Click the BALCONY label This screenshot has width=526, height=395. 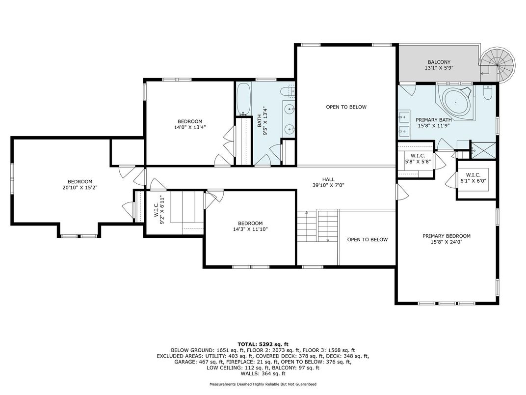click(439, 62)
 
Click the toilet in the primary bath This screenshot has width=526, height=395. click(487, 92)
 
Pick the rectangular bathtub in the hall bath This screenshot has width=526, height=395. click(243, 99)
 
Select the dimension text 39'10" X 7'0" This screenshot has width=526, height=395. click(328, 185)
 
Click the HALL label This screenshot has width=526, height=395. click(328, 179)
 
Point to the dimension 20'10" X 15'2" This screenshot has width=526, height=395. click(80, 188)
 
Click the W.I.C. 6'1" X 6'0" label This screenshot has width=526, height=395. click(473, 178)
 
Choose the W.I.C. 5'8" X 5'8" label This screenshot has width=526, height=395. click(418, 159)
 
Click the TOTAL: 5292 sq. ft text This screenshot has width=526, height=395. click(263, 344)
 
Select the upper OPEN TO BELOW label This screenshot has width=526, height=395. click(346, 107)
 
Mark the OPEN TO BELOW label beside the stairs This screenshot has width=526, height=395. click(368, 239)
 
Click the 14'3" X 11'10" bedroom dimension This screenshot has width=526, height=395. click(250, 229)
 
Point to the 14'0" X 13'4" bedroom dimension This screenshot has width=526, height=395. click(190, 127)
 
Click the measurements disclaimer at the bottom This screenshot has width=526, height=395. click(263, 384)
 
